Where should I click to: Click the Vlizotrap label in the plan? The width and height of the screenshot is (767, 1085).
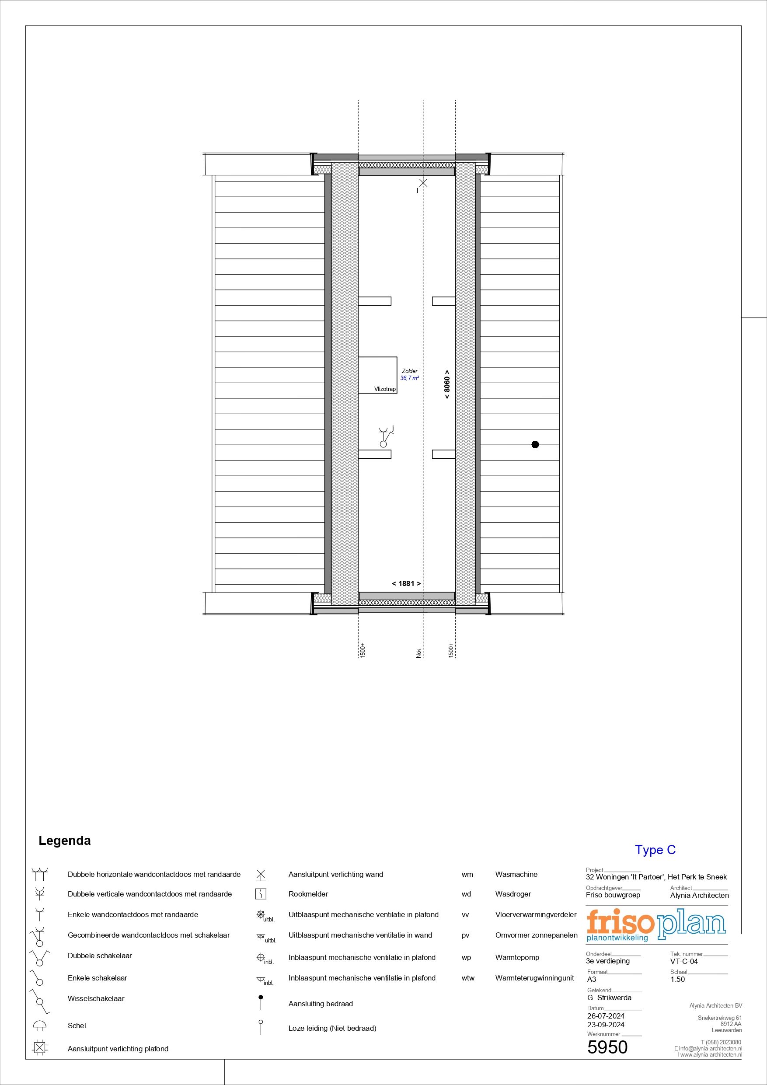[x=385, y=389]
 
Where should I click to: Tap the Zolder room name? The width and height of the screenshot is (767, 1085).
[x=410, y=371]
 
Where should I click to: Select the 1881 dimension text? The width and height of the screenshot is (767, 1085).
[x=406, y=584]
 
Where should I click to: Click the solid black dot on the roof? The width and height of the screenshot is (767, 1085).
[x=535, y=444]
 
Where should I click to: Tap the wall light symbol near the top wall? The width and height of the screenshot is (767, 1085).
[x=423, y=183]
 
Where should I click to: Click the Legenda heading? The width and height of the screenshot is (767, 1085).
[x=65, y=841]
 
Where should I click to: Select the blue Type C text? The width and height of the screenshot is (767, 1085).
[x=655, y=850]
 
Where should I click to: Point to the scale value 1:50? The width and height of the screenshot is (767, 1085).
[x=677, y=979]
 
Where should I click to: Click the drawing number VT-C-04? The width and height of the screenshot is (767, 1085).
[x=684, y=961]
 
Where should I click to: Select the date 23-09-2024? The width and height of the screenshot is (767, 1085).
[x=606, y=1025]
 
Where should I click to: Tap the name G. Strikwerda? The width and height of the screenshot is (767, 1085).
[x=609, y=998]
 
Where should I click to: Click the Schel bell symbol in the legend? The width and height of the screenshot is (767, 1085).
[x=40, y=1026]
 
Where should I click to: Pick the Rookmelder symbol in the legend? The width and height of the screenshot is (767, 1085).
[x=260, y=894]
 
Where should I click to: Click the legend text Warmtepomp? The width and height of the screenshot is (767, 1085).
[x=517, y=957]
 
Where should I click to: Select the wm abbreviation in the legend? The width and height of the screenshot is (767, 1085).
[x=467, y=874]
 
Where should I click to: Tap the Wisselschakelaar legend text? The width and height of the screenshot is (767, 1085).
[x=96, y=998]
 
